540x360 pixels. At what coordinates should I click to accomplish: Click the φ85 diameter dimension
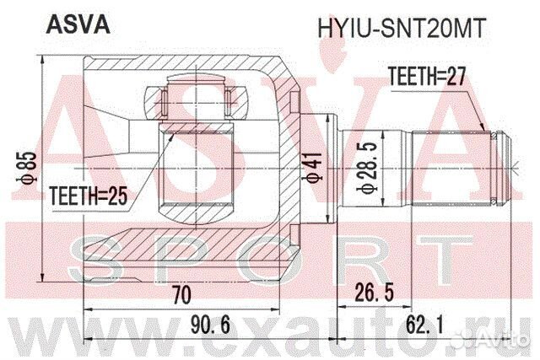pyautogui.click(x=27, y=167)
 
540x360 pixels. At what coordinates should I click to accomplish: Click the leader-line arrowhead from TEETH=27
pyautogui.click(x=483, y=127)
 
